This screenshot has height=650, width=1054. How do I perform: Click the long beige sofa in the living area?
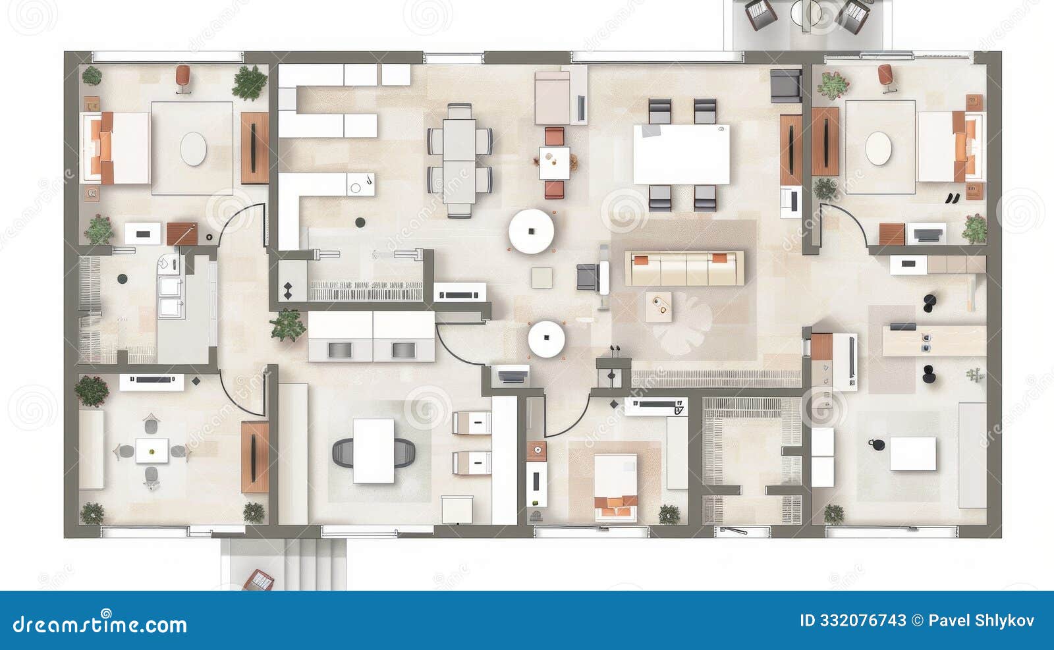(x=685, y=267)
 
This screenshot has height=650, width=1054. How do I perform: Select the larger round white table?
(x=531, y=231)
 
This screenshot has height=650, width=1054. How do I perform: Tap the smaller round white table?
(x=546, y=339)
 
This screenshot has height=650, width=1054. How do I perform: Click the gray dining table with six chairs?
(x=459, y=160)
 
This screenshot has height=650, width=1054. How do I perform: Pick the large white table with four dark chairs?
(x=681, y=155)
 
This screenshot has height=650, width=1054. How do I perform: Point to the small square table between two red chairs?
(x=555, y=163)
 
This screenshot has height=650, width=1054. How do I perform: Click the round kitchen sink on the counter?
(x=356, y=188)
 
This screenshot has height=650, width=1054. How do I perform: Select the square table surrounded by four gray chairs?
(x=152, y=451)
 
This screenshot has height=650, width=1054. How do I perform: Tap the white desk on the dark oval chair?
(x=374, y=450)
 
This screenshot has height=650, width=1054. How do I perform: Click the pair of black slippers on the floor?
(x=953, y=197)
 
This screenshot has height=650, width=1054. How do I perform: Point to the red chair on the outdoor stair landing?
(x=259, y=580)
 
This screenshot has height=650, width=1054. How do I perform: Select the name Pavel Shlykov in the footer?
(x=982, y=620)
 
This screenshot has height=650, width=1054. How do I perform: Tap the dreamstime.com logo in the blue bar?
(x=100, y=622)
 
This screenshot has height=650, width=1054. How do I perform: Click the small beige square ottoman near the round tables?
(x=542, y=277)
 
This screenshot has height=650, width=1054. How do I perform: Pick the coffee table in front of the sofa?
(x=659, y=307)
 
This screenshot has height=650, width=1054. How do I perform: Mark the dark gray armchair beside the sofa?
(x=587, y=277)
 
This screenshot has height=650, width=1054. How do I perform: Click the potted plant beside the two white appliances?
(x=287, y=325)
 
